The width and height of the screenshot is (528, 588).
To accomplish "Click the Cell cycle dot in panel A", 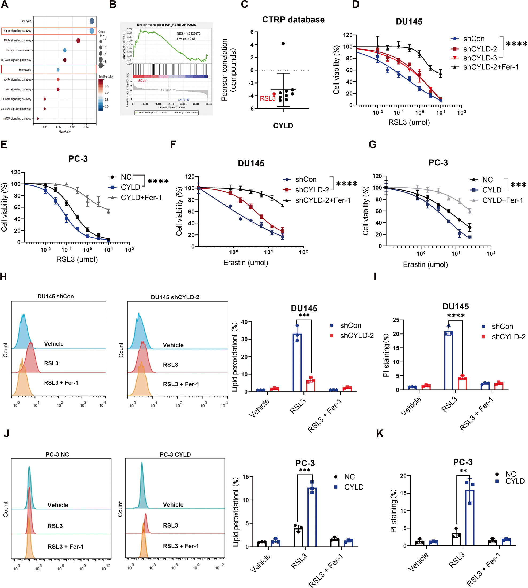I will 92,21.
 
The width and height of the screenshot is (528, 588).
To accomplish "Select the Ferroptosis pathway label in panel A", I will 25,70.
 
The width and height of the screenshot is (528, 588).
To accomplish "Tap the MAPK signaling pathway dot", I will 78,40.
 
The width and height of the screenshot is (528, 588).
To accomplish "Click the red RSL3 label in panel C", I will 268,98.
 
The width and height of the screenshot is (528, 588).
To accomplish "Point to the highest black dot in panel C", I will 283,44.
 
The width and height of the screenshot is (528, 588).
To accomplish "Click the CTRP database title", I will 293,20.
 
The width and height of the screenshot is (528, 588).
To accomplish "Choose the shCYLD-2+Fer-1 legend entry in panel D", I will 491,67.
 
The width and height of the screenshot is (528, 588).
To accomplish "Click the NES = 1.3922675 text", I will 188,33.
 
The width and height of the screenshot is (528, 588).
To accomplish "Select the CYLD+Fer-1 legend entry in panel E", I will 141,198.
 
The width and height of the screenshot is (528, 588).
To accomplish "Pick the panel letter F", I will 173,144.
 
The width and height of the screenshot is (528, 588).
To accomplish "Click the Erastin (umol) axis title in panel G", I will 425,264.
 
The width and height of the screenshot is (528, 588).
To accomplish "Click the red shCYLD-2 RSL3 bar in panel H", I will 311,385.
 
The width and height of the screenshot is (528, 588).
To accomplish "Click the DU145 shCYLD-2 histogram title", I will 175,297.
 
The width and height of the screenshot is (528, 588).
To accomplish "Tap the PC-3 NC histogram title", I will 57,454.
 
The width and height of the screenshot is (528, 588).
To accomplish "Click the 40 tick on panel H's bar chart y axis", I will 244,322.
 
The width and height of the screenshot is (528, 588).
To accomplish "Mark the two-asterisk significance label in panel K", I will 463,471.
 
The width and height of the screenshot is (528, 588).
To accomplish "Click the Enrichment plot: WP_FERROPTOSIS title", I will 167,25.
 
